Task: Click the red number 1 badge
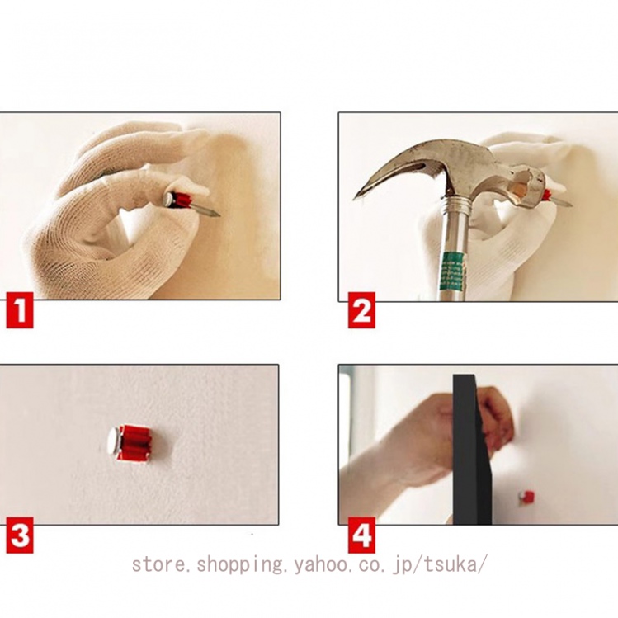[20, 314]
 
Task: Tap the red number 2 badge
[361, 310]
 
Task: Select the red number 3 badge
[20, 535]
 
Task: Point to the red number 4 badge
[361, 535]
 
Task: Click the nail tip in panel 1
[218, 215]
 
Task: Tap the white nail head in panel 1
[170, 198]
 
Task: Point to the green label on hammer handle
[454, 271]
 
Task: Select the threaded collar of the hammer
[458, 206]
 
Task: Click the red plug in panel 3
[137, 442]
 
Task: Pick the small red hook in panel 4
[528, 498]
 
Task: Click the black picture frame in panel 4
[471, 450]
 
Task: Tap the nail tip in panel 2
[569, 205]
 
